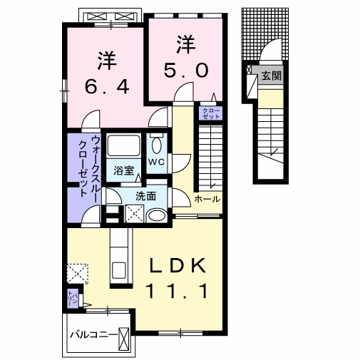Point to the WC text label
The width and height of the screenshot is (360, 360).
click(156, 163)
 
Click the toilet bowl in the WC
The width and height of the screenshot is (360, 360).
click(157, 144)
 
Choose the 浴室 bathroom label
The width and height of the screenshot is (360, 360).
click(124, 170)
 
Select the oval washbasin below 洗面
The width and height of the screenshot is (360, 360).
click(157, 215)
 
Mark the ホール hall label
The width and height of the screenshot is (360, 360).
click(207, 199)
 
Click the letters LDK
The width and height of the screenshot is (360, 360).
click(178, 266)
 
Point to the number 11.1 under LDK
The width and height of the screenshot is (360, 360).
click(178, 290)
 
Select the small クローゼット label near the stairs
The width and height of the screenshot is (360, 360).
click(212, 113)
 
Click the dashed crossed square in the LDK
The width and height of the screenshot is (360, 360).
click(76, 274)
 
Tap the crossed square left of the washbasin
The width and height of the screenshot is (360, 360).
click(133, 213)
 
